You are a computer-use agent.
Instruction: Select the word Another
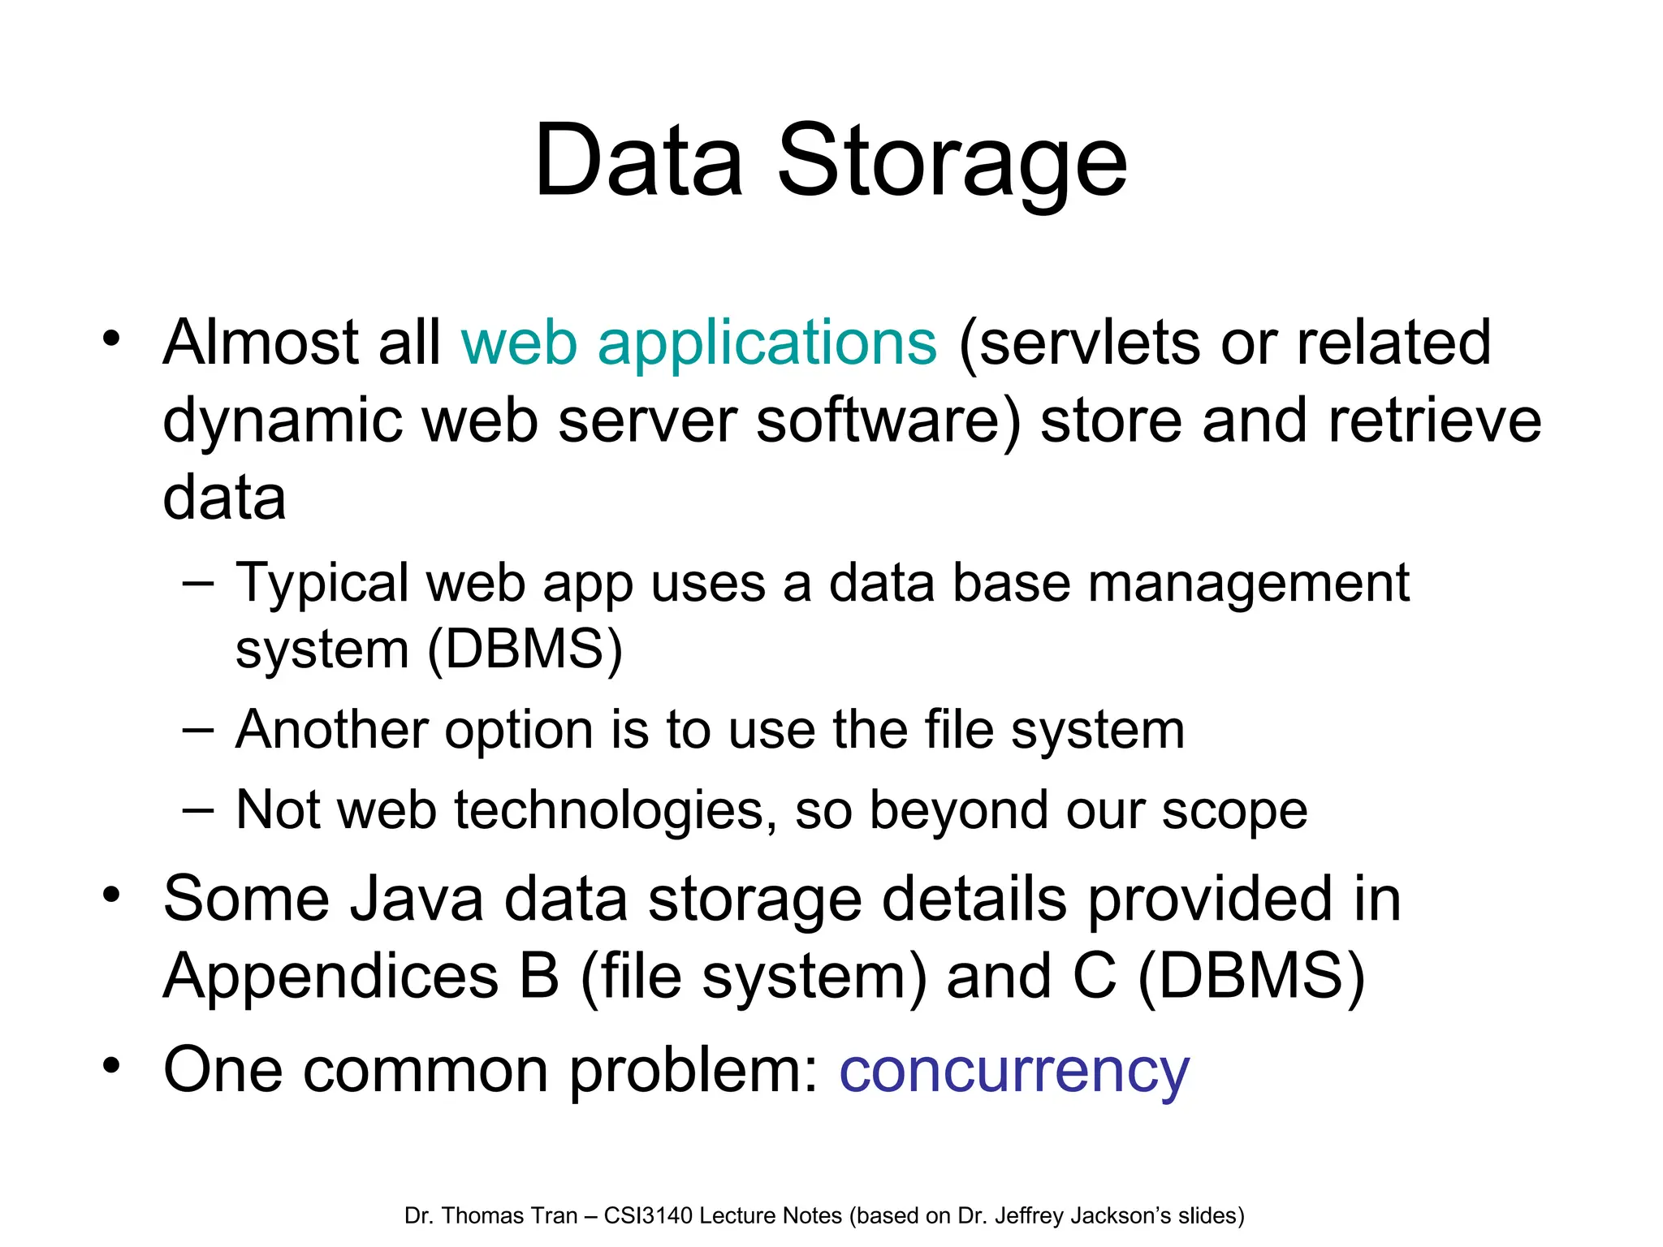click(330, 730)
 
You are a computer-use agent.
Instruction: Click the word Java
click(415, 900)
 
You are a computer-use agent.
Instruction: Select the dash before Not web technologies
click(198, 810)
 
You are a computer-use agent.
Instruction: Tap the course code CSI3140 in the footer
click(648, 1216)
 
